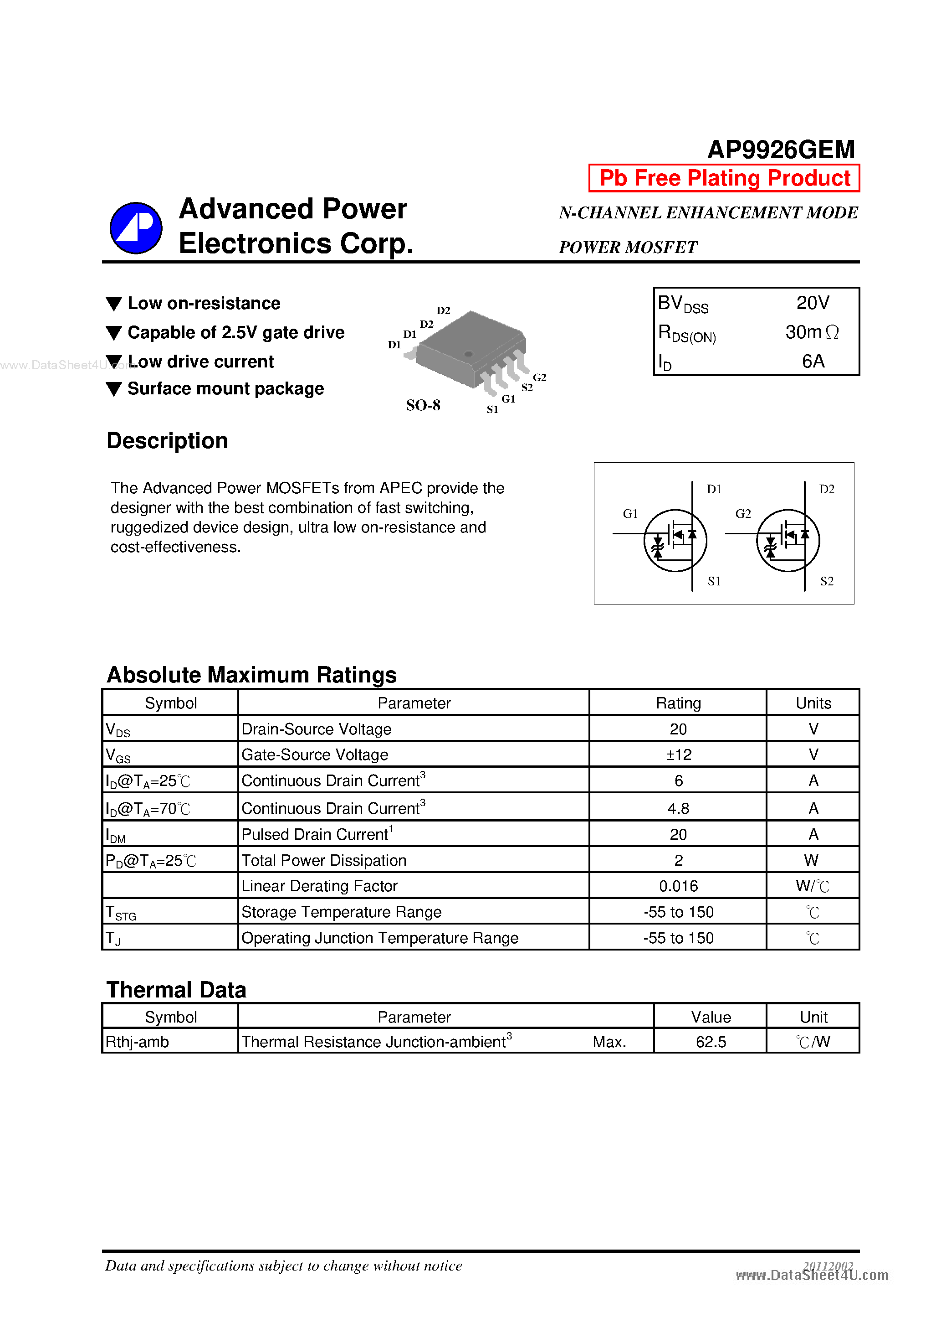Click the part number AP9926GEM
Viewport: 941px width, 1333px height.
(x=781, y=150)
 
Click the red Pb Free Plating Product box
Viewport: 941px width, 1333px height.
(x=724, y=178)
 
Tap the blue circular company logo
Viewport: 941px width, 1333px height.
(x=136, y=228)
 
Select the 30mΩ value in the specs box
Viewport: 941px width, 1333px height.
(x=812, y=332)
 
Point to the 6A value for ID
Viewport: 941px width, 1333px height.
(x=813, y=361)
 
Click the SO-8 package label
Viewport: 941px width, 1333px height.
(x=423, y=405)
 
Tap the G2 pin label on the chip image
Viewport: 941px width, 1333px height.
(x=540, y=377)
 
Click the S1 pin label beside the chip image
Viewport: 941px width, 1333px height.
(x=492, y=409)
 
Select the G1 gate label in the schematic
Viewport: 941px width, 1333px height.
(x=630, y=514)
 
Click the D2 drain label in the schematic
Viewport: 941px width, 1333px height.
(x=826, y=490)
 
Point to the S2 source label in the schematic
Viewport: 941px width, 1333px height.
(x=826, y=581)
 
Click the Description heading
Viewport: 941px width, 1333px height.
(x=167, y=441)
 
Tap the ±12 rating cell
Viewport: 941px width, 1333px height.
(x=678, y=755)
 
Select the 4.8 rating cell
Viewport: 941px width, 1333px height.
(x=678, y=808)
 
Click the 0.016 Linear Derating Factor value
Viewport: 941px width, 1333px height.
(x=678, y=886)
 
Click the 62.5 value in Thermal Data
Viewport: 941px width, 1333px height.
(x=710, y=1042)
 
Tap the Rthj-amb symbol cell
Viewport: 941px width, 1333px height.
(x=138, y=1042)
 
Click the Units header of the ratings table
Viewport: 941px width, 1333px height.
(x=813, y=703)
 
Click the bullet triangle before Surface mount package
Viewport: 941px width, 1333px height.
(x=114, y=389)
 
